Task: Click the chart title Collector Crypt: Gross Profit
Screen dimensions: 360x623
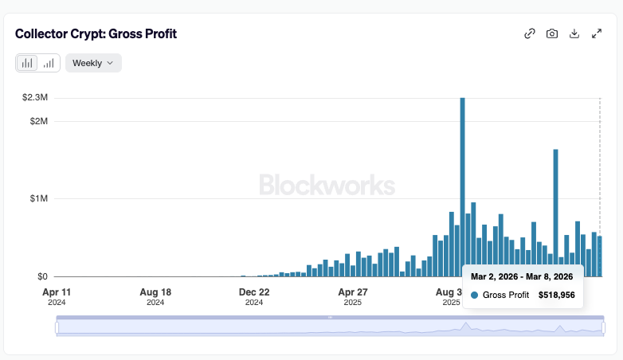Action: (x=96, y=33)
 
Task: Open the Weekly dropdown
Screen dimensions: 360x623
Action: (x=93, y=63)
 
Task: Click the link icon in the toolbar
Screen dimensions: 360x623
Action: (x=529, y=33)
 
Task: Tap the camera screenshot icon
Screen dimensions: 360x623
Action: (x=551, y=33)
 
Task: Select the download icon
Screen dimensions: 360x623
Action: (x=574, y=33)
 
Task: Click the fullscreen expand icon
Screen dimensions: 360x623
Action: (x=597, y=33)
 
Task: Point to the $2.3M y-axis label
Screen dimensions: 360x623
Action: (x=34, y=97)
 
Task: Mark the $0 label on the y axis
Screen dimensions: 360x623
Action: (x=41, y=276)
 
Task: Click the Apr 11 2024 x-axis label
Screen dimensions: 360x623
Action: (x=56, y=296)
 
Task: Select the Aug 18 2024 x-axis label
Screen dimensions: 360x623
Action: (x=155, y=296)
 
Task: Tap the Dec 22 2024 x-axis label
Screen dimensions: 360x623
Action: (x=254, y=296)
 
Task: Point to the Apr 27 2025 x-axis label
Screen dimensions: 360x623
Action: (x=353, y=296)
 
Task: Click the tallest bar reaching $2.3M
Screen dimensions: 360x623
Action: (x=462, y=183)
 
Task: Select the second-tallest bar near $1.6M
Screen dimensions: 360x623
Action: (x=555, y=207)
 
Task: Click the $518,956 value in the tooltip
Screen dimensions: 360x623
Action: (x=557, y=295)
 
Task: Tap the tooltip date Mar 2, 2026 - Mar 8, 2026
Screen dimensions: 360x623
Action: (x=522, y=276)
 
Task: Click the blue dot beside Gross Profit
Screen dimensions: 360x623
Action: (x=475, y=295)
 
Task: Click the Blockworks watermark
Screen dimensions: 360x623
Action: (x=327, y=186)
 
